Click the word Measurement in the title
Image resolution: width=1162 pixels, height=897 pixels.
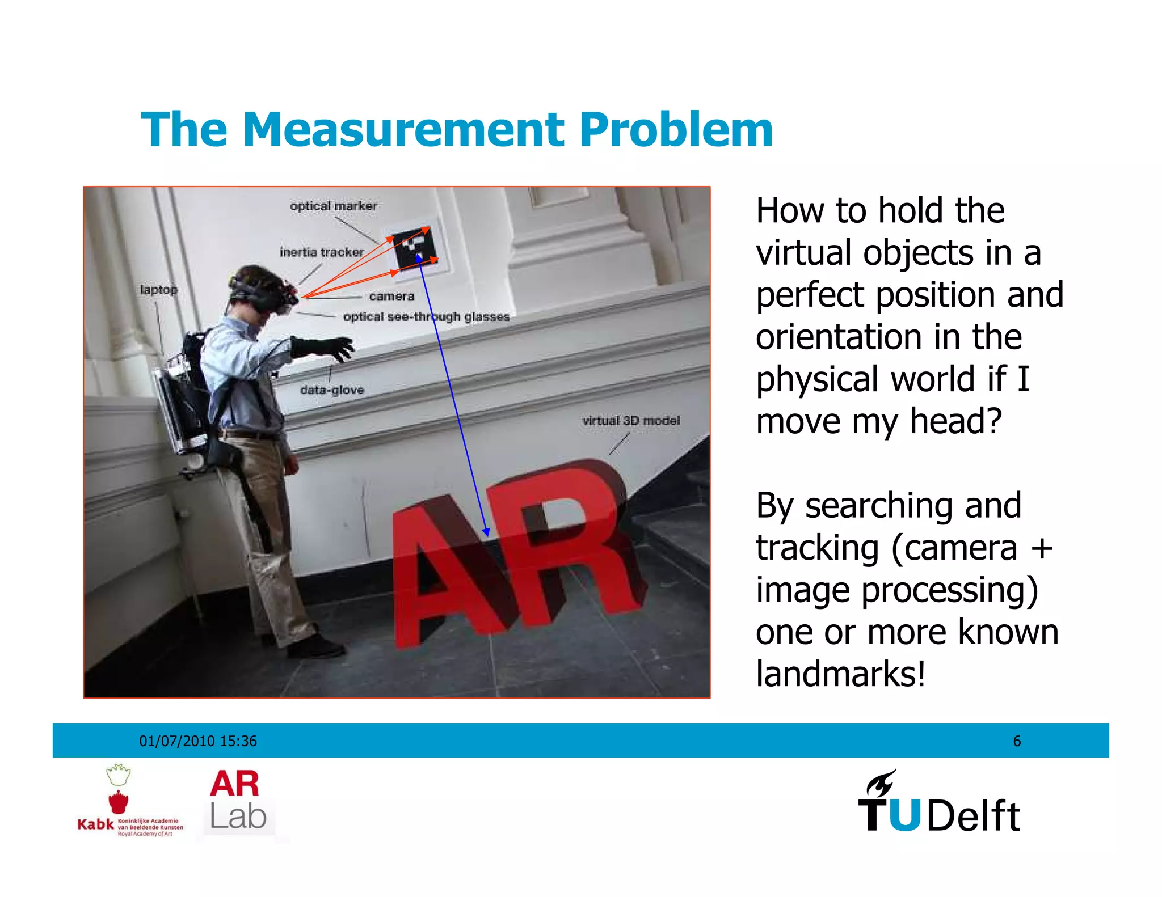coord(403,130)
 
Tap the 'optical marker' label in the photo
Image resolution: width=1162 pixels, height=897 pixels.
coord(333,206)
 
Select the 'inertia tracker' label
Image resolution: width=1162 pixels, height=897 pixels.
coord(321,252)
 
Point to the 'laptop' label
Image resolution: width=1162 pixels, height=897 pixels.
coord(159,290)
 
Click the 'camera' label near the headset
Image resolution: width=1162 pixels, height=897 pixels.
coord(391,296)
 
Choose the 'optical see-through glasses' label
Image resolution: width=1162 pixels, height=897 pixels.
coord(426,316)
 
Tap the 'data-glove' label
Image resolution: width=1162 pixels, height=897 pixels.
coord(332,390)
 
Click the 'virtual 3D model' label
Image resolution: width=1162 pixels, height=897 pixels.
coord(631,421)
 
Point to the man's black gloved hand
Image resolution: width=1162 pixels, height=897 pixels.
coord(326,347)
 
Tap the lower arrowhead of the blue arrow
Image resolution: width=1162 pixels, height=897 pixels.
coord(486,532)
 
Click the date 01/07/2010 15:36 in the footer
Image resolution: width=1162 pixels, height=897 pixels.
coord(198,741)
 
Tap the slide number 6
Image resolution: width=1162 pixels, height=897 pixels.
coord(1017,741)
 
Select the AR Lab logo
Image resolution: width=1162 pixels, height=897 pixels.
coord(237,800)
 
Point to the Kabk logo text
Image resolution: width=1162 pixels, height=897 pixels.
coord(95,824)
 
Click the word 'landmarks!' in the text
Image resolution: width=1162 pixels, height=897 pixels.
coord(840,674)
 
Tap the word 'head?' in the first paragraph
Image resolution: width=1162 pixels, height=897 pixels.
coord(956,421)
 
